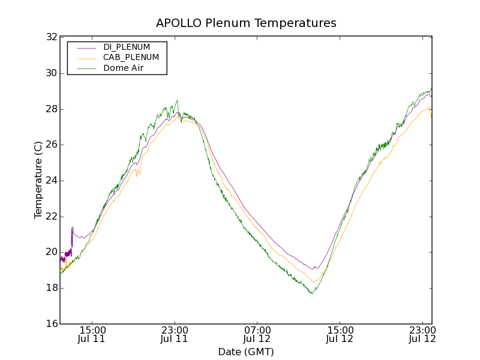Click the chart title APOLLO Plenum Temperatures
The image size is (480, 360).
tap(246, 23)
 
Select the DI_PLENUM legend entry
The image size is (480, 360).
tap(127, 47)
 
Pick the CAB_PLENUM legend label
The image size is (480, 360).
tap(131, 58)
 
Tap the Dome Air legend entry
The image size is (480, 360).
tap(126, 68)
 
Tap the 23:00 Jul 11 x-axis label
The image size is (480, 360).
tap(175, 334)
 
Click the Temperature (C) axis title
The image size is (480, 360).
tap(38, 180)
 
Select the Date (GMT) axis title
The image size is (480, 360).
tap(246, 352)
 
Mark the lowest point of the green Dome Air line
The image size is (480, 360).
tap(312, 293)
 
